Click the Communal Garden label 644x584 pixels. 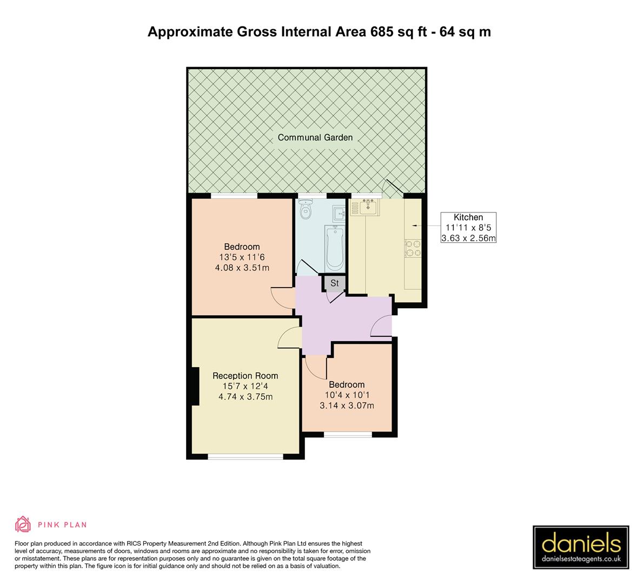(315, 137)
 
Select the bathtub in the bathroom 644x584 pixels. (335, 249)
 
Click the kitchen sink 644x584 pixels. (368, 206)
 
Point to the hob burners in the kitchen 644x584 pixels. (414, 248)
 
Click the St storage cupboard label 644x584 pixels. (334, 283)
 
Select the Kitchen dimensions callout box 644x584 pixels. (468, 228)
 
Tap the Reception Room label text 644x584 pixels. (245, 376)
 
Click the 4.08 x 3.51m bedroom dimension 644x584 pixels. (242, 267)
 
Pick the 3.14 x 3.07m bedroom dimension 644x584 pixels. (347, 406)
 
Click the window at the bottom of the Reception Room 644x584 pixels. (245, 457)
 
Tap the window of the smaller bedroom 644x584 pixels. (347, 434)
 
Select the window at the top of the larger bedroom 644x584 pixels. (234, 196)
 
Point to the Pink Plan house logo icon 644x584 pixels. (23, 524)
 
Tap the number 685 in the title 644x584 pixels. (382, 32)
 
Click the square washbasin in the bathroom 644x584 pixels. (339, 213)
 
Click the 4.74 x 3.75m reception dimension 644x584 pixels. (245, 397)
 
